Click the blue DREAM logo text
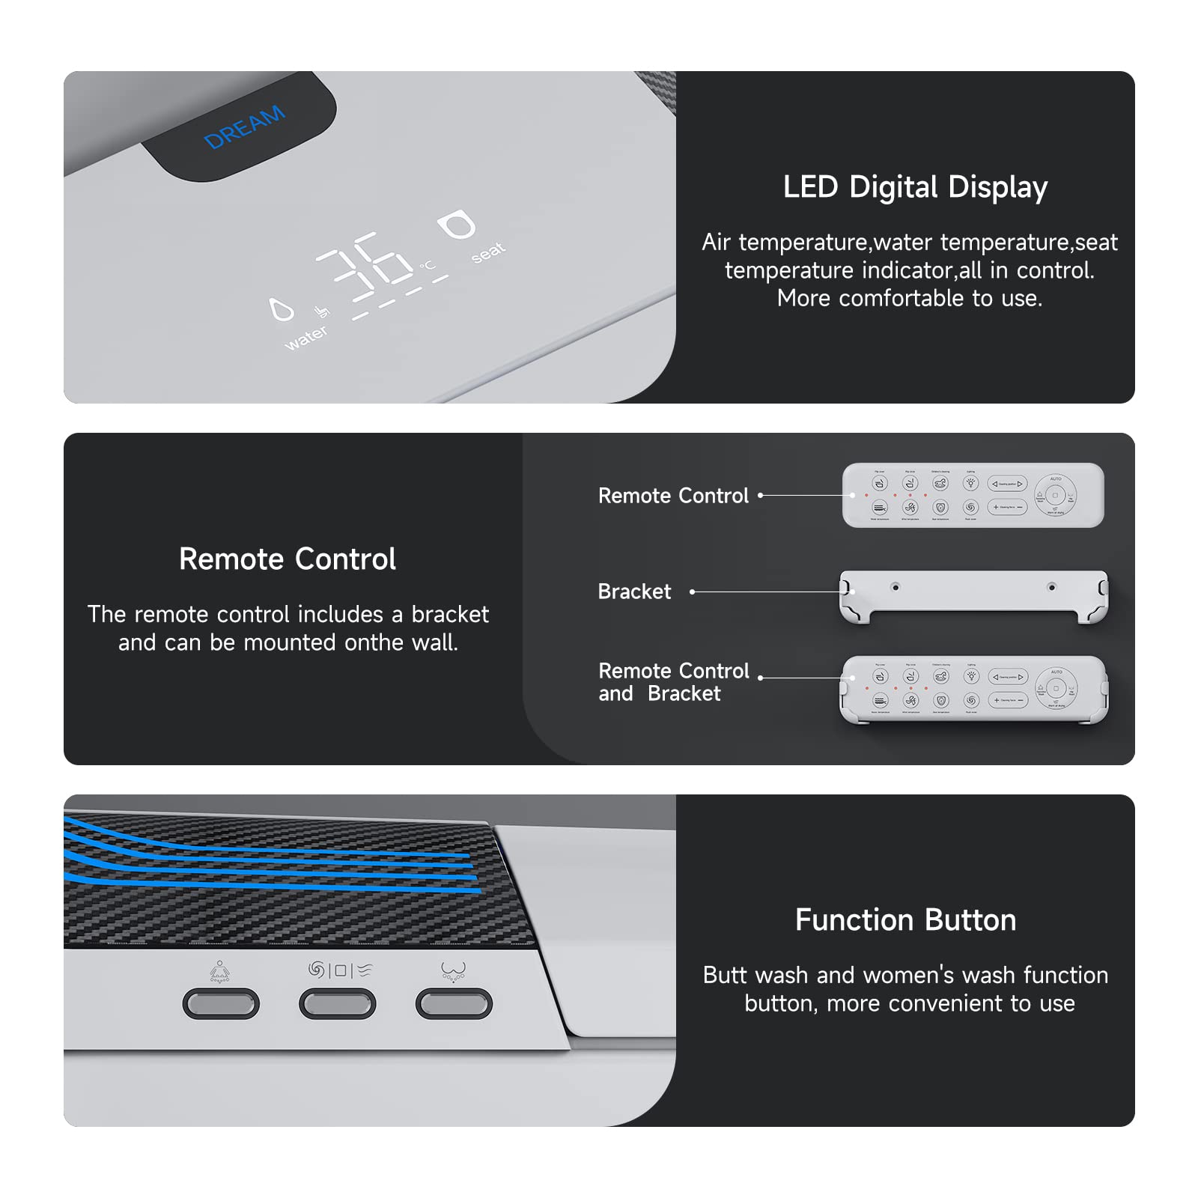[x=244, y=127]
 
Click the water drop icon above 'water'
[x=282, y=309]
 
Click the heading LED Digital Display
[x=915, y=187]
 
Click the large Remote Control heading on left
[x=288, y=559]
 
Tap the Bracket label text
[x=634, y=592]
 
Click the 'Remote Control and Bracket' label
[x=672, y=682]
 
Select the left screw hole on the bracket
[x=895, y=587]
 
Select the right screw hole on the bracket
[x=1051, y=587]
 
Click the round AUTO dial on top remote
[x=1056, y=496]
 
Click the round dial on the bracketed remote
[x=1056, y=688]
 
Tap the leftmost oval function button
[x=221, y=1003]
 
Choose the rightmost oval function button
[x=454, y=1003]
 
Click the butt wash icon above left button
[x=219, y=972]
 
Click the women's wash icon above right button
[x=453, y=972]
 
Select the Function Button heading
[x=905, y=920]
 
